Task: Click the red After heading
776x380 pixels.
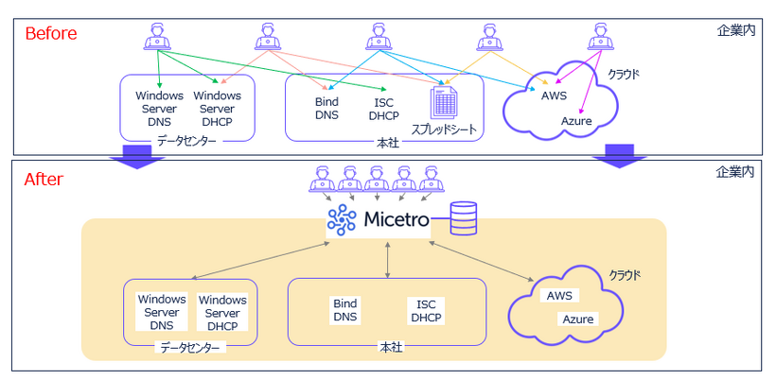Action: tap(44, 179)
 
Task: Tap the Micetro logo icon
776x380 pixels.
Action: tap(341, 220)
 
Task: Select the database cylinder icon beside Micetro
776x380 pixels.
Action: tap(464, 218)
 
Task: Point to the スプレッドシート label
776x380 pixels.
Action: tap(443, 129)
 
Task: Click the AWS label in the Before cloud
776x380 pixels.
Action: tap(555, 96)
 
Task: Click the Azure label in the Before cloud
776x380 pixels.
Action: tap(576, 121)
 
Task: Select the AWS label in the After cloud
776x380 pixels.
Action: tap(559, 295)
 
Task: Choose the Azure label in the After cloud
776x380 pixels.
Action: tap(578, 319)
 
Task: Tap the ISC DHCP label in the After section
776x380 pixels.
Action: tap(426, 310)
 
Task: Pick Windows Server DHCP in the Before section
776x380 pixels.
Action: tap(218, 110)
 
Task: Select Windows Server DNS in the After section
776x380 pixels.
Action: tap(162, 313)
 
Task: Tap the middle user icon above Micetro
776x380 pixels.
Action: tap(378, 177)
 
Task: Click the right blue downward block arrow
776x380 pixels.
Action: tap(620, 157)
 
